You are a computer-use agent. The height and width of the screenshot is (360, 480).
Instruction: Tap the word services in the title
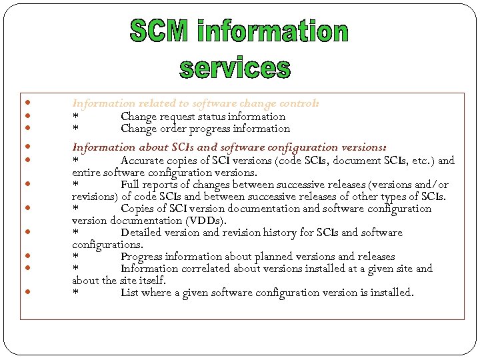[235, 67]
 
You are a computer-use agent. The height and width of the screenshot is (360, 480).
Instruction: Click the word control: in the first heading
[301, 104]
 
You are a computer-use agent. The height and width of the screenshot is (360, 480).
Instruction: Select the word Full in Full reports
[131, 185]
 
